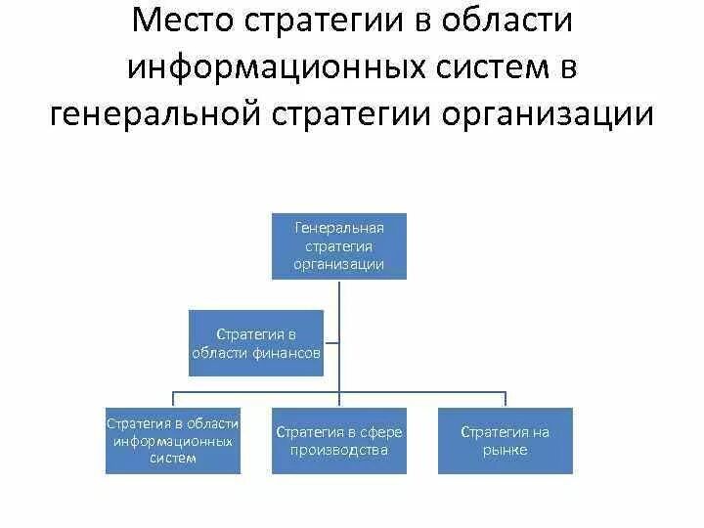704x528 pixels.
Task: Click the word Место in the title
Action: pos(187,22)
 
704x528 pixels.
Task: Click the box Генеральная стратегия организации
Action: pos(339,245)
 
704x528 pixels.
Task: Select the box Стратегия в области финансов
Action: pos(255,343)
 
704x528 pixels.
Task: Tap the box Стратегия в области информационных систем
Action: pos(173,441)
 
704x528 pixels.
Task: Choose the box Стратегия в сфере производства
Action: pos(339,441)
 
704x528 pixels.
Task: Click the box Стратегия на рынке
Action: pos(505,441)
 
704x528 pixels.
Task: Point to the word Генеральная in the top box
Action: pos(339,228)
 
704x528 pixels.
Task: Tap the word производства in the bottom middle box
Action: pos(339,451)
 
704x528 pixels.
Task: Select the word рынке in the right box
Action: pos(505,451)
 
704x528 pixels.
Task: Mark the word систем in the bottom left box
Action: pos(173,458)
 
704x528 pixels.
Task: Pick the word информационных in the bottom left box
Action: pos(173,441)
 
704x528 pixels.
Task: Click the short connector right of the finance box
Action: pos(331,343)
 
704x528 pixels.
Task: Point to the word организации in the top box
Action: pos(339,264)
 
